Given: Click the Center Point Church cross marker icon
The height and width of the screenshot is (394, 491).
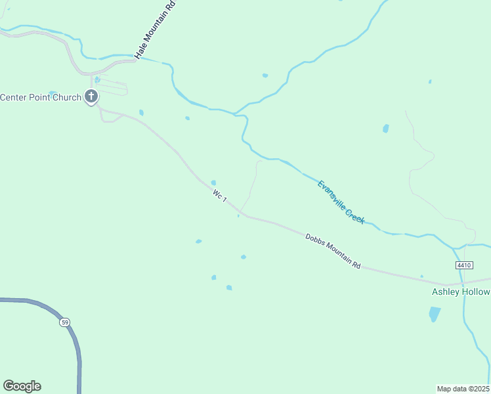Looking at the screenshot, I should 91,97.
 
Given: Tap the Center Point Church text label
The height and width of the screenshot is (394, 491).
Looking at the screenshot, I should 41,97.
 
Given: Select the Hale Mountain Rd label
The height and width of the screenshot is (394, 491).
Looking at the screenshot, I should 156,30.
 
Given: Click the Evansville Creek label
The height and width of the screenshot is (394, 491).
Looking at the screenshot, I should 341,202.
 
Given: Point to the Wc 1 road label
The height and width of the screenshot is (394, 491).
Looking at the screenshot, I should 220,196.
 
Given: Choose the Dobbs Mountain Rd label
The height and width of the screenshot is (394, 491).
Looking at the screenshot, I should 333,250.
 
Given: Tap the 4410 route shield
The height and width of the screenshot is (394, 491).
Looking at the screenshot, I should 463,265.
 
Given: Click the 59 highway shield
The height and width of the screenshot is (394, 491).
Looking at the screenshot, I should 64,322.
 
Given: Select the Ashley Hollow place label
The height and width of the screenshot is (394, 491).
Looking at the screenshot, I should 460,292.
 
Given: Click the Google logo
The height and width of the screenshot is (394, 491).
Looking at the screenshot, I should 22,386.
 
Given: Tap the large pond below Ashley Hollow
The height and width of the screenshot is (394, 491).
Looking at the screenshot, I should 435,314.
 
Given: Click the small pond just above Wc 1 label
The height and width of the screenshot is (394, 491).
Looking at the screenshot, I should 213,183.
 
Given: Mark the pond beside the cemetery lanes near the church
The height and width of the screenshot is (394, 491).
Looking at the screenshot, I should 97,79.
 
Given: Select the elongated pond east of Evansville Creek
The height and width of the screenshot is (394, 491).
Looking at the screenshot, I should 386,129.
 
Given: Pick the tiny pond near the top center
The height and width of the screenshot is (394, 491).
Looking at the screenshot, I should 265,76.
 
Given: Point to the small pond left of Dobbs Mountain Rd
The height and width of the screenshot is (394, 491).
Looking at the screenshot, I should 199,242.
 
